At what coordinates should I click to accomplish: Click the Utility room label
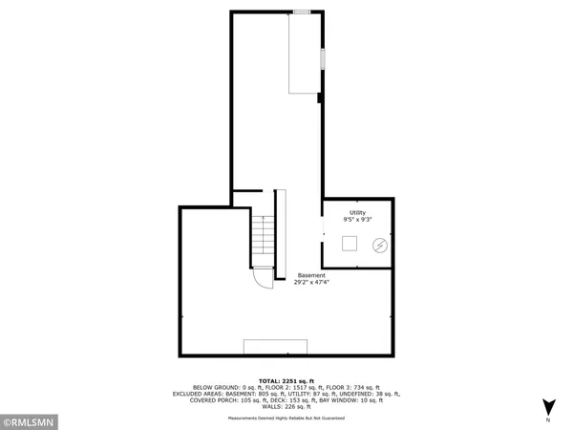(x=357, y=212)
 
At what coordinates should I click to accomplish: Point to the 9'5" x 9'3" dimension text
(x=357, y=220)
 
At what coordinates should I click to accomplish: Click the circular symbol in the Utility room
(x=379, y=246)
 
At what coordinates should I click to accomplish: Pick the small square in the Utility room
(x=350, y=243)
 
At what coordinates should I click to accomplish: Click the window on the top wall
(x=302, y=11)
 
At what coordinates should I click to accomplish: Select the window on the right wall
(x=322, y=58)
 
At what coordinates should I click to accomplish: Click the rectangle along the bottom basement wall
(x=275, y=347)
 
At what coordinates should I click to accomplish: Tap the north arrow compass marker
(x=547, y=405)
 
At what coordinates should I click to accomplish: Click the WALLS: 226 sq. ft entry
(x=286, y=408)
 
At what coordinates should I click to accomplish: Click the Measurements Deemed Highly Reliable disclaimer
(x=286, y=416)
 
